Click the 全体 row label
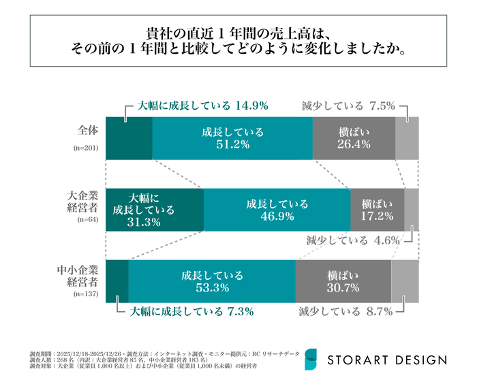[87, 129]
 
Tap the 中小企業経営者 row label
[80, 275]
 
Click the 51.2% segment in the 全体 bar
[232, 138]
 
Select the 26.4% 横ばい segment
[354, 138]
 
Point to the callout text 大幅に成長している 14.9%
[203, 106]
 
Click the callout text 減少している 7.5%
[348, 106]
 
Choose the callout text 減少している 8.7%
[345, 312]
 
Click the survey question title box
[238, 42]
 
